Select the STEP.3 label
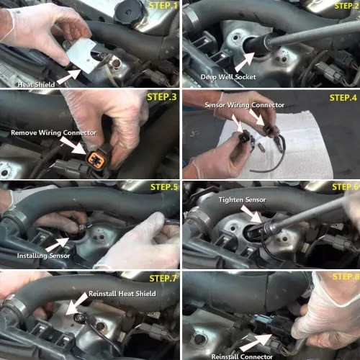tap(162, 96)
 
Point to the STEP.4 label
tap(343, 97)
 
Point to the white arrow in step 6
tap(251, 214)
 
